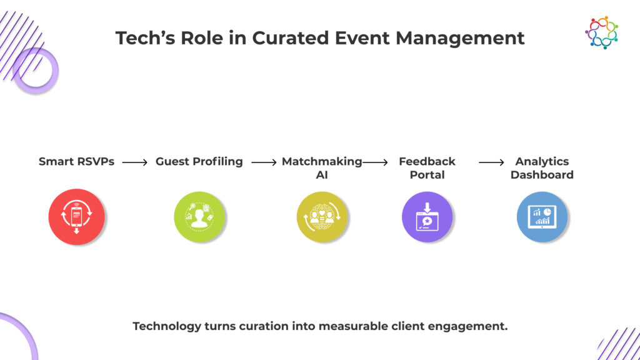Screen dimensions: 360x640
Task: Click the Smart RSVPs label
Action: coord(76,161)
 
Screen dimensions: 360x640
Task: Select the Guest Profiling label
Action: coord(199,161)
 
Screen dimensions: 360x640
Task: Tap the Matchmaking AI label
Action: coord(321,167)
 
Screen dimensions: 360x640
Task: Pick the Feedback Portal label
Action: coord(427,167)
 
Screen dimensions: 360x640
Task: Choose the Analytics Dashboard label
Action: coord(541,167)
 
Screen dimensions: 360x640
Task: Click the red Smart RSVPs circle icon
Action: coord(76,217)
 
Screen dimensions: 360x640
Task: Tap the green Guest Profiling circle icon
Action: coord(199,217)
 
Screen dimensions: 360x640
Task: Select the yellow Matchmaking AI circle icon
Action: coord(321,217)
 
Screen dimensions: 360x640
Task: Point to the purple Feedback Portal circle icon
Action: coord(427,217)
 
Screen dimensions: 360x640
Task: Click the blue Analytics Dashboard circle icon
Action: coord(541,217)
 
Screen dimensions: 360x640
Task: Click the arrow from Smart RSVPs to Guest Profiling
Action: coord(134,162)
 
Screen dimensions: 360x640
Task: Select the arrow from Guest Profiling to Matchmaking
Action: coord(263,162)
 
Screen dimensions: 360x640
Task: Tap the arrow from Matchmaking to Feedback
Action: coord(375,162)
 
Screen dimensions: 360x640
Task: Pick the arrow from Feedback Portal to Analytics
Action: coord(491,162)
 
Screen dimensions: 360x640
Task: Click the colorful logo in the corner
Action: coord(601,32)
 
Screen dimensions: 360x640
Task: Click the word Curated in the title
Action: coord(291,38)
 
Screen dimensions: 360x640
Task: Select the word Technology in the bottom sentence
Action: coord(167,326)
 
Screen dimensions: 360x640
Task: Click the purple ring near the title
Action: coord(35,71)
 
